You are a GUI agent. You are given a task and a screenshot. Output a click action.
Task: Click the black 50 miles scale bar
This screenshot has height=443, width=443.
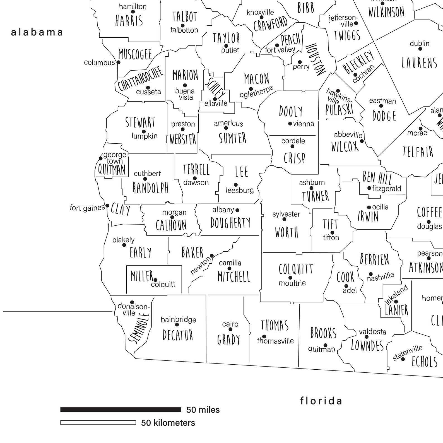121,410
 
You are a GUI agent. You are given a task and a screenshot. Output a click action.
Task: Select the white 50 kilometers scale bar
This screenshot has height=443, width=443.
98,423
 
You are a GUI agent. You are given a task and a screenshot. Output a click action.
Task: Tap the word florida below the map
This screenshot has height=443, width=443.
321,401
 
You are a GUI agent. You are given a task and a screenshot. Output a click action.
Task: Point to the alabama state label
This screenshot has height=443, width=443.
37,32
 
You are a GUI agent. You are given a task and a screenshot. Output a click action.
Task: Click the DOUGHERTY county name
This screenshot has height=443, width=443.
230,223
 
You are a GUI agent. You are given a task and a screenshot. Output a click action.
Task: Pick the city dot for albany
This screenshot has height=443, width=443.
237,210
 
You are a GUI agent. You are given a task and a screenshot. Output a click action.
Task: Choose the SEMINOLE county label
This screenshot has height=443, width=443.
140,328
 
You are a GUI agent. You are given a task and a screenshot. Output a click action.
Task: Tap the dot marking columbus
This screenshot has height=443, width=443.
118,62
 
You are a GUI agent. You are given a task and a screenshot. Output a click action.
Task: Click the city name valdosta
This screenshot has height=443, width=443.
372,332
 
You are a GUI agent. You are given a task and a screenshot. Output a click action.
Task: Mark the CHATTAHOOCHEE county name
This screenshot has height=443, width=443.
140,79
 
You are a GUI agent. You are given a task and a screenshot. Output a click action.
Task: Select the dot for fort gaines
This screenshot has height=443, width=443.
107,206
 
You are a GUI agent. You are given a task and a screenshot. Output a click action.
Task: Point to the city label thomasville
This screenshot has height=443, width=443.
275,341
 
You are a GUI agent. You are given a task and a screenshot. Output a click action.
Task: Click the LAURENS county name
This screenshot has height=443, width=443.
419,63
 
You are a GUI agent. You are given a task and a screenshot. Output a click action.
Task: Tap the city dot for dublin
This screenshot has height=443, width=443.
420,49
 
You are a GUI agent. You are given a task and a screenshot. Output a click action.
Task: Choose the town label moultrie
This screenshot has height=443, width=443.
292,283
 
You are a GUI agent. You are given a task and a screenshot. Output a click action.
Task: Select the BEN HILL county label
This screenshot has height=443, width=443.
377,178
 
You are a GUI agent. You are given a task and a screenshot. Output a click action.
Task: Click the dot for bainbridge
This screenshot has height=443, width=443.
177,324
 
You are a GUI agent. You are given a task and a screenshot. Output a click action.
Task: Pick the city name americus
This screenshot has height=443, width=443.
228,123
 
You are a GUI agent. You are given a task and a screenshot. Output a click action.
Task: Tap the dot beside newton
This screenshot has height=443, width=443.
212,256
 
